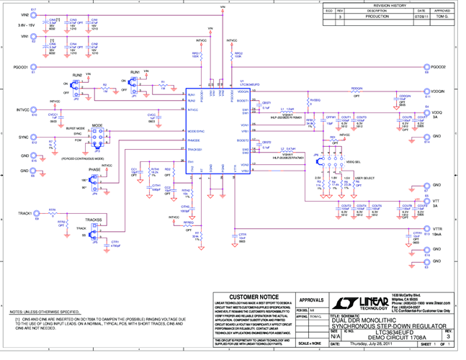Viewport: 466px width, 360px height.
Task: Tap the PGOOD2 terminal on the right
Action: coord(426,67)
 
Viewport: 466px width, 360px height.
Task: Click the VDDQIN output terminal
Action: coord(426,92)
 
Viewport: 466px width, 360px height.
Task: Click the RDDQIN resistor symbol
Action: coord(356,92)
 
